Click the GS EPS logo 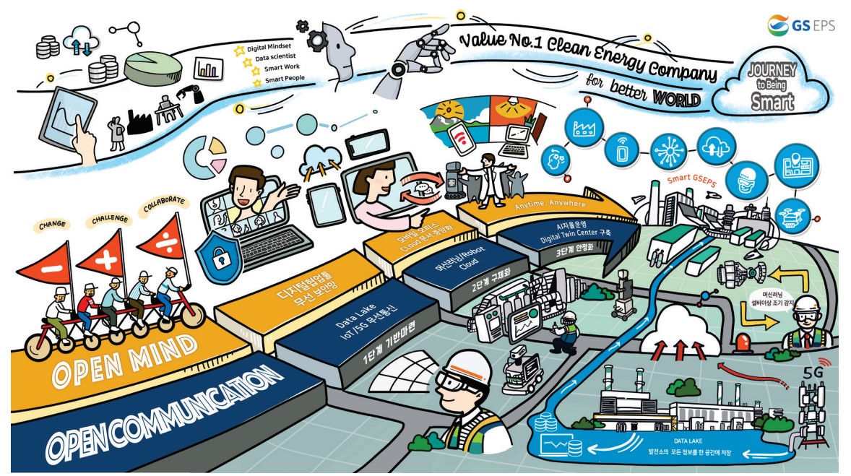[801, 24]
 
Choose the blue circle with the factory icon [582, 130]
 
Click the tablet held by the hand [72, 117]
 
